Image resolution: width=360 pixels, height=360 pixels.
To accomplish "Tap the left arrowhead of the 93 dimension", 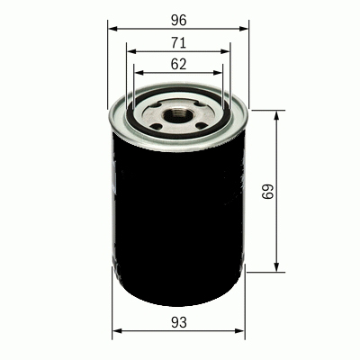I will click(x=116, y=334).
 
